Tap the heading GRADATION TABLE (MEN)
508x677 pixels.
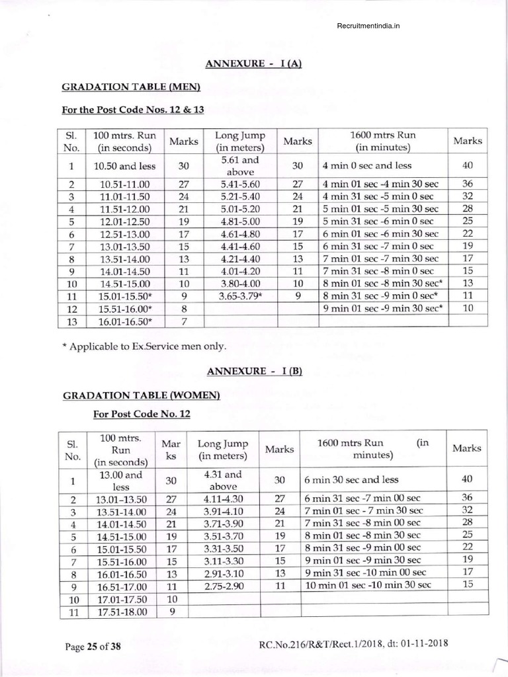pyautogui.click(x=131, y=87)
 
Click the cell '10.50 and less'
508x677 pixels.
pyautogui.click(x=123, y=165)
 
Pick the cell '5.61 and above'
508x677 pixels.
pyautogui.click(x=240, y=165)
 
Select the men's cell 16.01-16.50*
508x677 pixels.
pyautogui.click(x=124, y=321)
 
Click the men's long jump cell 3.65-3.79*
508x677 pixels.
pyautogui.click(x=240, y=296)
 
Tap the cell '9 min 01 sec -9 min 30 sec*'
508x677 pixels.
pyautogui.click(x=382, y=309)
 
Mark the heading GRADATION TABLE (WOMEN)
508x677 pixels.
pyautogui.click(x=140, y=395)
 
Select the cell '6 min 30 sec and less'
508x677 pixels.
pyautogui.click(x=351, y=479)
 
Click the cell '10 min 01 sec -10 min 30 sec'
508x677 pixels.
pyautogui.click(x=367, y=585)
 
